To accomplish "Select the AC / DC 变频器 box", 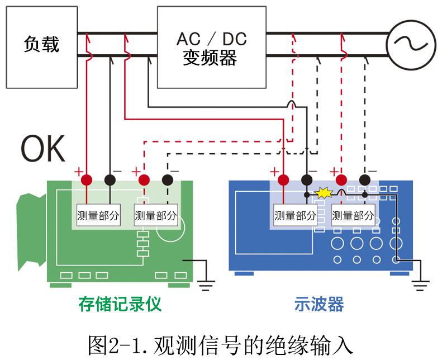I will tap(211, 47).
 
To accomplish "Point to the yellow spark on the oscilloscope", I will tap(322, 193).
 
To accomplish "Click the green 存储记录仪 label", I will tap(120, 304).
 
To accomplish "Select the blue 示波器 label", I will tap(318, 304).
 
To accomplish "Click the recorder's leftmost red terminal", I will tap(87, 180).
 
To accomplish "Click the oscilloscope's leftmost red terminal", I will tap(283, 180).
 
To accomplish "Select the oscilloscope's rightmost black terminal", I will tap(364, 180).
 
